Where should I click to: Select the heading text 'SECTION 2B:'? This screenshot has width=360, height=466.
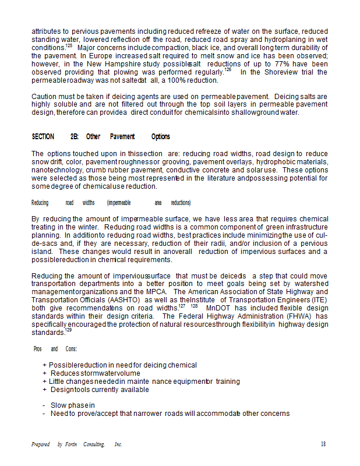[55, 137]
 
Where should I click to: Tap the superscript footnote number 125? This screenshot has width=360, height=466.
[69, 45]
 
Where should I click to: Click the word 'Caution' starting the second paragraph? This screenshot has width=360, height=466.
[44, 96]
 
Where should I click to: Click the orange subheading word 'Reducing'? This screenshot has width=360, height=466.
[40, 203]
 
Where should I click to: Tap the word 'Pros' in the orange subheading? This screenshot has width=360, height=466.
[38, 349]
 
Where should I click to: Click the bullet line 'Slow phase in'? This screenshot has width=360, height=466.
[72, 405]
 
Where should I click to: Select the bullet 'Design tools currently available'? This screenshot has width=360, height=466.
[99, 390]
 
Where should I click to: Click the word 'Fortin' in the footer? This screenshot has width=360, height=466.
[72, 444]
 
